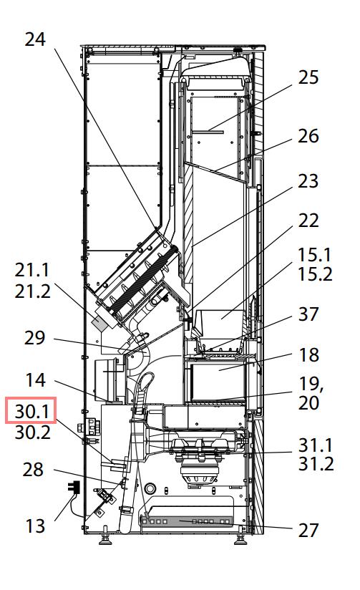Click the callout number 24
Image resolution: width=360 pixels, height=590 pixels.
coord(35,39)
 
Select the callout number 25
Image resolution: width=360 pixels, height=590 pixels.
coord(308,77)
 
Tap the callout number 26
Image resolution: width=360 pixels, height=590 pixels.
coord(308,136)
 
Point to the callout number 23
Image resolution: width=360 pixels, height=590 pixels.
coord(308,181)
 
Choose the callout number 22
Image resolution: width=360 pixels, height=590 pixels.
coord(308,221)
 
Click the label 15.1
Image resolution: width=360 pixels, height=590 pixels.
coord(315,255)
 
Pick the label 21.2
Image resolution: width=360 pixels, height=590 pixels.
coord(33,291)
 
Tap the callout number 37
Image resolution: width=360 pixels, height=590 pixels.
coord(308,314)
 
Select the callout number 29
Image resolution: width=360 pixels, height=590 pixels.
coord(34,338)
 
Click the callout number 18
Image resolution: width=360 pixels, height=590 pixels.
coord(308,355)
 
